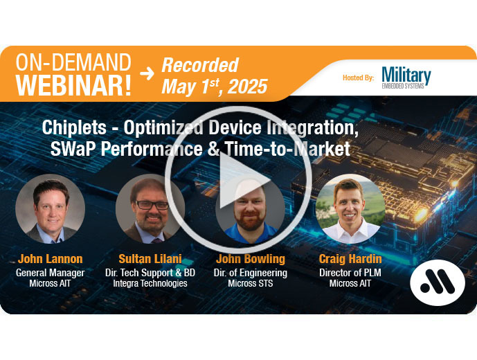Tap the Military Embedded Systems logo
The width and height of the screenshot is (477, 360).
tap(406, 78)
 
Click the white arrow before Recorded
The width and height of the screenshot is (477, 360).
tap(147, 73)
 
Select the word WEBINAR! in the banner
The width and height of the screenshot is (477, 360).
tap(73, 85)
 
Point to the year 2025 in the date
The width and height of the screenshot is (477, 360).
tap(247, 87)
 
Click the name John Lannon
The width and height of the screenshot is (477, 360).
tap(51, 259)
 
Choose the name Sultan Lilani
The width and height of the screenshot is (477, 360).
tap(150, 259)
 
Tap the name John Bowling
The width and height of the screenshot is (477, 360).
tap(251, 259)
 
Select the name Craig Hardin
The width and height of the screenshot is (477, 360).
tap(350, 259)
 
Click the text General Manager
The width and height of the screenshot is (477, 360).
tap(51, 273)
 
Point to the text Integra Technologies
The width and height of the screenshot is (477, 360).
tap(150, 283)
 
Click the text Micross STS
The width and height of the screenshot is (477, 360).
tap(251, 283)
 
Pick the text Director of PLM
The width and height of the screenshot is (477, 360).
tap(350, 273)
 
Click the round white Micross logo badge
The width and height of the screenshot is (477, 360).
tap(437, 282)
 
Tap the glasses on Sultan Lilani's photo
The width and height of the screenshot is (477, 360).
tap(152, 205)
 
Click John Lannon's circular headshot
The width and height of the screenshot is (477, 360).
tap(51, 209)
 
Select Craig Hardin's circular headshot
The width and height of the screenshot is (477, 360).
tap(350, 209)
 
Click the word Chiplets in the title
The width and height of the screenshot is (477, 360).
tap(74, 127)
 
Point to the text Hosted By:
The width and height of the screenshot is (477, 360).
tap(359, 78)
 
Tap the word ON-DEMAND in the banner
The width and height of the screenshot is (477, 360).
tap(73, 62)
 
